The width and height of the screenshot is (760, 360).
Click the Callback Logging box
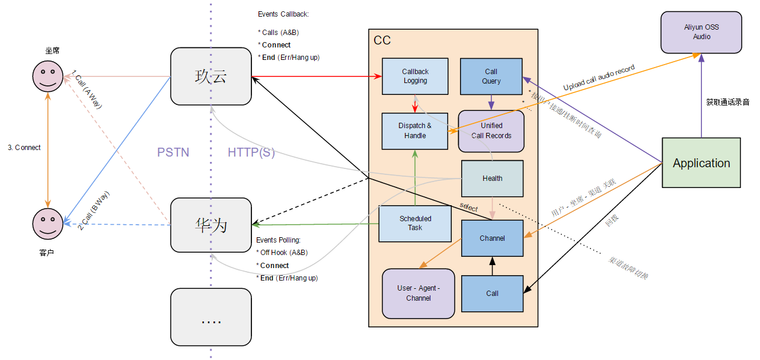(x=414, y=76)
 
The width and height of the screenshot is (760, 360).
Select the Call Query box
(x=491, y=77)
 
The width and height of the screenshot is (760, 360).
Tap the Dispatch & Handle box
(x=414, y=130)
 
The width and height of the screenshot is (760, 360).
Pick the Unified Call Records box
(x=491, y=130)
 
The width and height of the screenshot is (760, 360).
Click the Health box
(x=492, y=179)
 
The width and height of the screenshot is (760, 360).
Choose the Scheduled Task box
(x=414, y=224)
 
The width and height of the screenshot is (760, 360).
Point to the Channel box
(x=492, y=238)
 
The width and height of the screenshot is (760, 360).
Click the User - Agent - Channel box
(x=418, y=293)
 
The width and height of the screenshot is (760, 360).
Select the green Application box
(x=701, y=163)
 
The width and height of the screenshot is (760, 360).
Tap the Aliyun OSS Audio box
(x=701, y=33)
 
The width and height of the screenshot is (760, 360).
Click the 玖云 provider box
(x=210, y=76)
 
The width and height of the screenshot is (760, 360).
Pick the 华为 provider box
(x=210, y=225)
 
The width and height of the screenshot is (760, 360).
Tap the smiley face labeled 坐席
(x=47, y=75)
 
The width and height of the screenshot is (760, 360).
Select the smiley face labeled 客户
(x=47, y=224)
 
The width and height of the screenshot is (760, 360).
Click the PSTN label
(x=173, y=152)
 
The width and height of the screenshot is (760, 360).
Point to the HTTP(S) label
(x=251, y=152)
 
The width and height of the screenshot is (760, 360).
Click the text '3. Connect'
(x=24, y=148)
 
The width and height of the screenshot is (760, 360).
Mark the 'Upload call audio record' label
(x=599, y=77)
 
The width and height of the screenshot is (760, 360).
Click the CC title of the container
(x=382, y=40)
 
